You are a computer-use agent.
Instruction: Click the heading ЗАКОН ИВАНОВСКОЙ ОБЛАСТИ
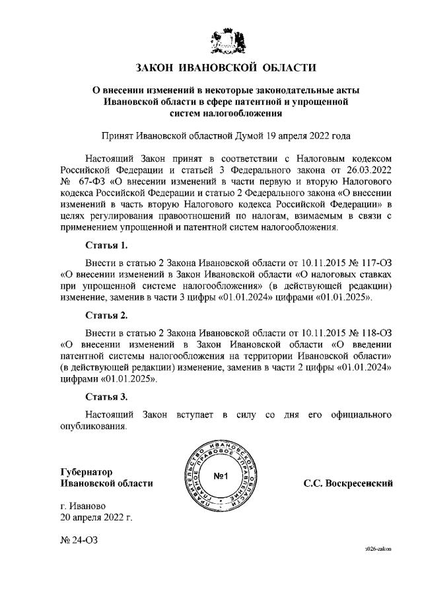pyautogui.click(x=226, y=67)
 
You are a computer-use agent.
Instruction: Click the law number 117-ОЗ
pyautogui.click(x=370, y=262)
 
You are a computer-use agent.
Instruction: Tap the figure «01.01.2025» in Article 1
pyautogui.click(x=347, y=298)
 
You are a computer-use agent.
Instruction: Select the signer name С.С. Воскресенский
pyautogui.click(x=348, y=483)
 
